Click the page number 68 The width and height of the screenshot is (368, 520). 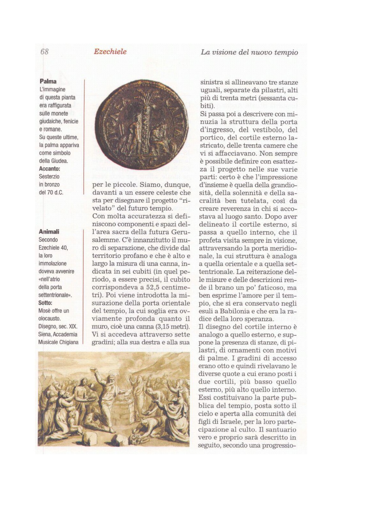point(44,52)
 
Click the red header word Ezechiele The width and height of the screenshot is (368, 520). point(110,52)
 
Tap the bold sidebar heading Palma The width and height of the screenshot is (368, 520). point(48,81)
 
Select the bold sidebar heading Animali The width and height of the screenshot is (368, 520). point(49,232)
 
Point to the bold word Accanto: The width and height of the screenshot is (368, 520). point(50,169)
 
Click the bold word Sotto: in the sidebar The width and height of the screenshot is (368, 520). point(45,303)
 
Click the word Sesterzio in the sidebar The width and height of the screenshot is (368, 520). point(49,177)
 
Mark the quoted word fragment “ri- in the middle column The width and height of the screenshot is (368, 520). point(185,201)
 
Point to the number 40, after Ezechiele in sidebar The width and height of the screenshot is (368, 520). point(64,248)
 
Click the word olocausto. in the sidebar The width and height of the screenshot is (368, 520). point(50,319)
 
